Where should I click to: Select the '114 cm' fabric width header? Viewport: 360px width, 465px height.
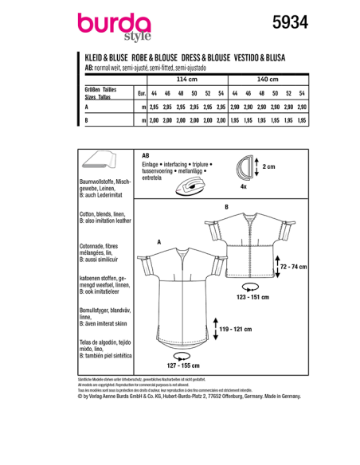(x=184, y=80)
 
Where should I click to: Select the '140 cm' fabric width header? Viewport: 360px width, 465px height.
(x=268, y=80)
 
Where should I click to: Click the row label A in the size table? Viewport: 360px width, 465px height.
(x=85, y=106)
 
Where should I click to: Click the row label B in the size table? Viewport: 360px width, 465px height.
(x=85, y=119)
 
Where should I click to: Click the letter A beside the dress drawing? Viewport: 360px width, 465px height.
(x=159, y=242)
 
